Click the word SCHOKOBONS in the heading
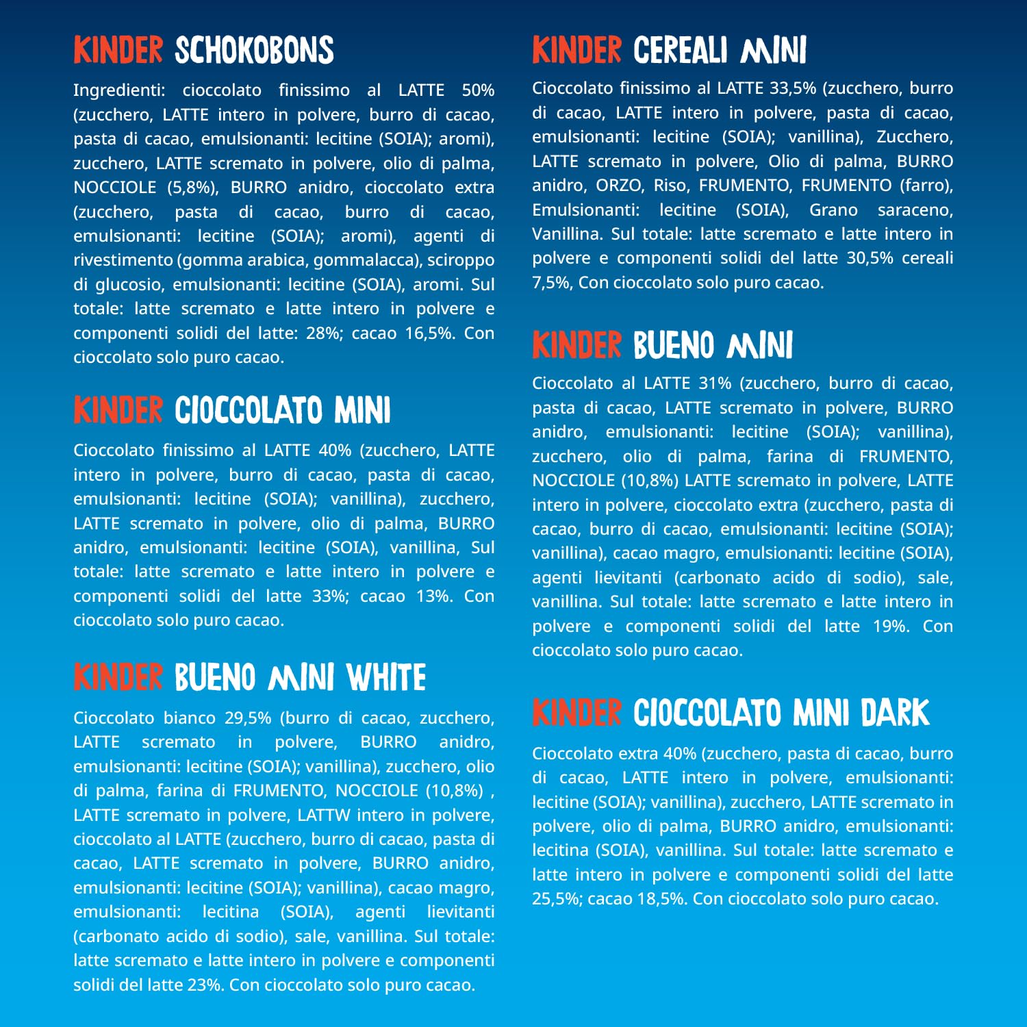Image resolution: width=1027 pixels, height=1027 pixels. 254,51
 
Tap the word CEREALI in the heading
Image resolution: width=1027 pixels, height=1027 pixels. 680,51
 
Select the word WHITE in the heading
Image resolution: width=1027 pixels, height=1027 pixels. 386,678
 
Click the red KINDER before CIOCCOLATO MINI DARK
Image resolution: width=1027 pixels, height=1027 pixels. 577,713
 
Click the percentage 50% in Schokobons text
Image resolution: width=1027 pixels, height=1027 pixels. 477,90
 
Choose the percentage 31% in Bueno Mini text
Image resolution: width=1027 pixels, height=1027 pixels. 715,383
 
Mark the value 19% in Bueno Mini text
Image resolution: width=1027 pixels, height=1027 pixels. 891,626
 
